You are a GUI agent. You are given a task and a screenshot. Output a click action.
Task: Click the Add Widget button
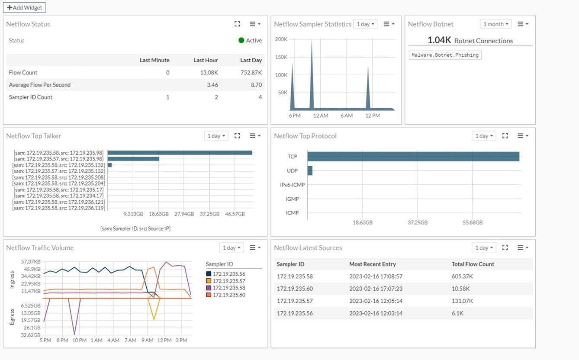point(24,7)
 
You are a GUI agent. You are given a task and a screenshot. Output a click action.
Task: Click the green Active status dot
point(241,40)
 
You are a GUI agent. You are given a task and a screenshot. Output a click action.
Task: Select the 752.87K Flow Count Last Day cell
point(251,73)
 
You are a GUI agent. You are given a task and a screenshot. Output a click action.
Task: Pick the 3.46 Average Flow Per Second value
point(212,85)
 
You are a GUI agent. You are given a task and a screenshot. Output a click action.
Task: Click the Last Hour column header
point(206,60)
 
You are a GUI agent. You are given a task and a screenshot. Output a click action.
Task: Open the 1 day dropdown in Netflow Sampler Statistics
point(365,24)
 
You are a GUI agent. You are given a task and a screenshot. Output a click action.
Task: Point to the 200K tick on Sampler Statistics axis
point(281,39)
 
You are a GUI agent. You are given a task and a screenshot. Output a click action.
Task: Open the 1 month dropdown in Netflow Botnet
point(495,24)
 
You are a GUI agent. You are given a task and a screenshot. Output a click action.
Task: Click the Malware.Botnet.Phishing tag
point(445,55)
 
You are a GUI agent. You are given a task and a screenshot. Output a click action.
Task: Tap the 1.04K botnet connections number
point(439,40)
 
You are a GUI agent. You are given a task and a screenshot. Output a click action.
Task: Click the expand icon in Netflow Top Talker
point(237,136)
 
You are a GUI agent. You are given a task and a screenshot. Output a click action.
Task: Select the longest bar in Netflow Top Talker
point(180,152)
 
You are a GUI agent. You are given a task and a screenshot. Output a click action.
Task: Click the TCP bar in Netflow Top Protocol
point(413,156)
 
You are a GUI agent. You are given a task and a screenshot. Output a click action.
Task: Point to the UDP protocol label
point(292,171)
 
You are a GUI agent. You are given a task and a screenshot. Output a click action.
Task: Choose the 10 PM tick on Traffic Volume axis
point(79,340)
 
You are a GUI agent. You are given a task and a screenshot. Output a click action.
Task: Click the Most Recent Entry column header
point(372,264)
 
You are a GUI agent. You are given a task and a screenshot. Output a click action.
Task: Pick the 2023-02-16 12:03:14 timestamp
point(376,313)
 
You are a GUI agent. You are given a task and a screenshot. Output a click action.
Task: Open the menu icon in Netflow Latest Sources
point(523,247)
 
